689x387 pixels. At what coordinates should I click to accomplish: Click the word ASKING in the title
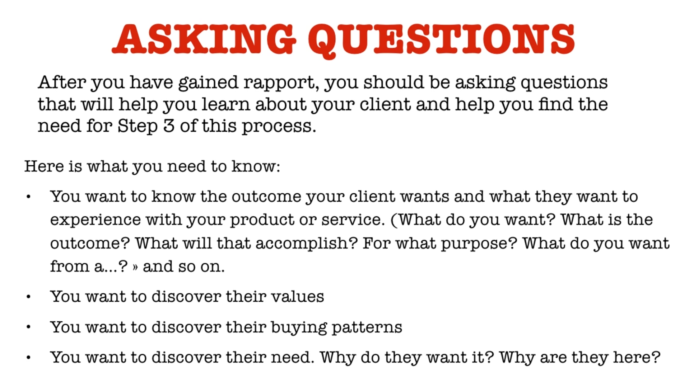(x=204, y=39)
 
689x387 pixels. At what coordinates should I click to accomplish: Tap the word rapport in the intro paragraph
(x=280, y=83)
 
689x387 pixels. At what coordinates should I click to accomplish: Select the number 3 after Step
(x=169, y=126)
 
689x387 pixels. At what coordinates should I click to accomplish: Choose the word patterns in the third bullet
(x=367, y=327)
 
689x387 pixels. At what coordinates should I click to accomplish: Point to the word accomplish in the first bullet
(x=307, y=244)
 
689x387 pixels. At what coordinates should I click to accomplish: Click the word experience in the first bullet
(x=96, y=220)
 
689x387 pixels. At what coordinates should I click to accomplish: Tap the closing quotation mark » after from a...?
(x=135, y=267)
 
